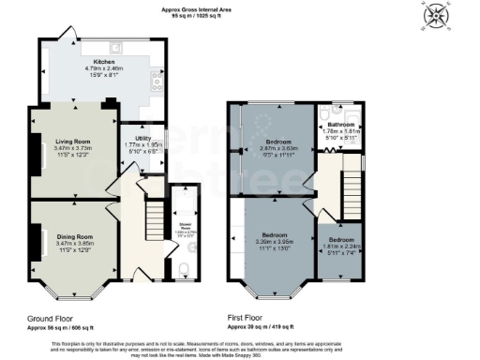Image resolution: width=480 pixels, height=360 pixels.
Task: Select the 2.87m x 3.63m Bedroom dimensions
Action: click(278, 148)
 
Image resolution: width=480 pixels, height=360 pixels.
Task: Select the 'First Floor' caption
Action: click(250, 319)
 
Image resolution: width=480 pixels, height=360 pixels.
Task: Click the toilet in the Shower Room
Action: click(183, 269)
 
